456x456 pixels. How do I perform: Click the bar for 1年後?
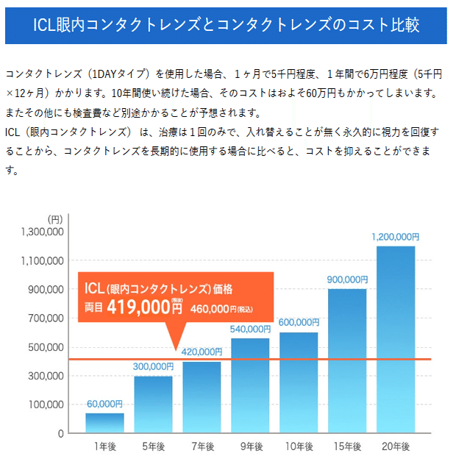(104, 423)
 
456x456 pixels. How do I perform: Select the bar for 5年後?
(153, 405)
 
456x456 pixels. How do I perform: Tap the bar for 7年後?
(202, 397)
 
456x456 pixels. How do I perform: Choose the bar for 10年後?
(299, 382)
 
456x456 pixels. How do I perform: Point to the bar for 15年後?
(347, 360)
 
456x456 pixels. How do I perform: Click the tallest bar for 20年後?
(396, 338)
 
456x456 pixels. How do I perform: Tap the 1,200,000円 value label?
(396, 237)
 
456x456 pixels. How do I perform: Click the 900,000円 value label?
(347, 279)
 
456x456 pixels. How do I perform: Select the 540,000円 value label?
(250, 329)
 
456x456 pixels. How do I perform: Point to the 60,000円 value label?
(104, 404)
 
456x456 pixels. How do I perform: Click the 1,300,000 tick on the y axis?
(45, 232)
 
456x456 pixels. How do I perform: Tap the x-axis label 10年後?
(299, 446)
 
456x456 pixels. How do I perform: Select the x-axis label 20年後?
(396, 446)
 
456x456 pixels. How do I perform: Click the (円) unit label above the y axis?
(55, 219)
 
